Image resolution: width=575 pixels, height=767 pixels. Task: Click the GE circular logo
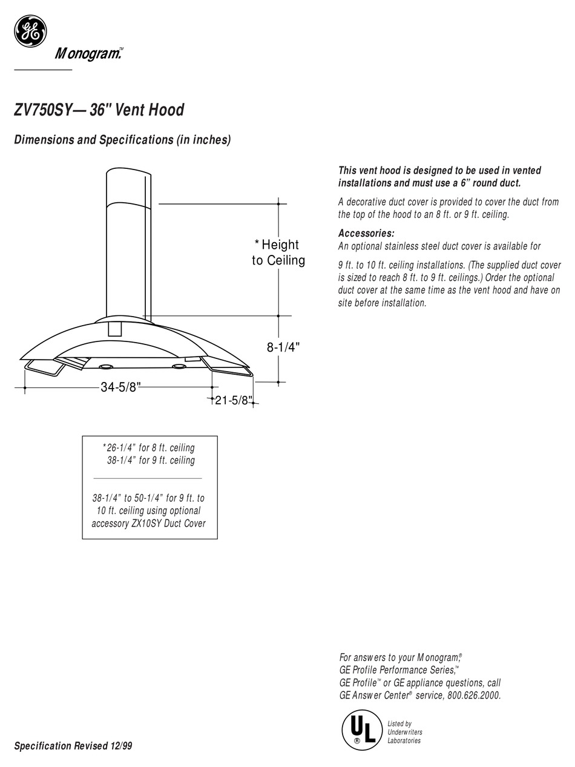[x=30, y=30]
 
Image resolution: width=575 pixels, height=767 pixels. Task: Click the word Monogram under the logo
[x=88, y=54]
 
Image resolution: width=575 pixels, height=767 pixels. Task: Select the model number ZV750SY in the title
[x=42, y=110]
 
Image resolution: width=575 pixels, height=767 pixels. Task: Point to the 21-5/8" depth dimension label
[x=233, y=400]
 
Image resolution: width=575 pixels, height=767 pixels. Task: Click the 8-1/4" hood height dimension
[x=283, y=347]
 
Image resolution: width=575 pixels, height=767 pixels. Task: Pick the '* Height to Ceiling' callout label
[x=278, y=252]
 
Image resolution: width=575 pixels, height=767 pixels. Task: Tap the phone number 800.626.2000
[x=474, y=696]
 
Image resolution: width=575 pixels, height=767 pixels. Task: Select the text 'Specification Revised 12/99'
[x=73, y=746]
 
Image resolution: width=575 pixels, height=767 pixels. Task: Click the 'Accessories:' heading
[x=366, y=233]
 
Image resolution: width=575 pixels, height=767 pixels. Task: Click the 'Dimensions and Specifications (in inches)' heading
[x=122, y=140]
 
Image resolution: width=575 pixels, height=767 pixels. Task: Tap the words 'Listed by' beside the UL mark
[x=399, y=723]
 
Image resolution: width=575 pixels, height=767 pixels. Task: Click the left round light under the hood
[x=106, y=366]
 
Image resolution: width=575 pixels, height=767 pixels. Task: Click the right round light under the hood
[x=179, y=366]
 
